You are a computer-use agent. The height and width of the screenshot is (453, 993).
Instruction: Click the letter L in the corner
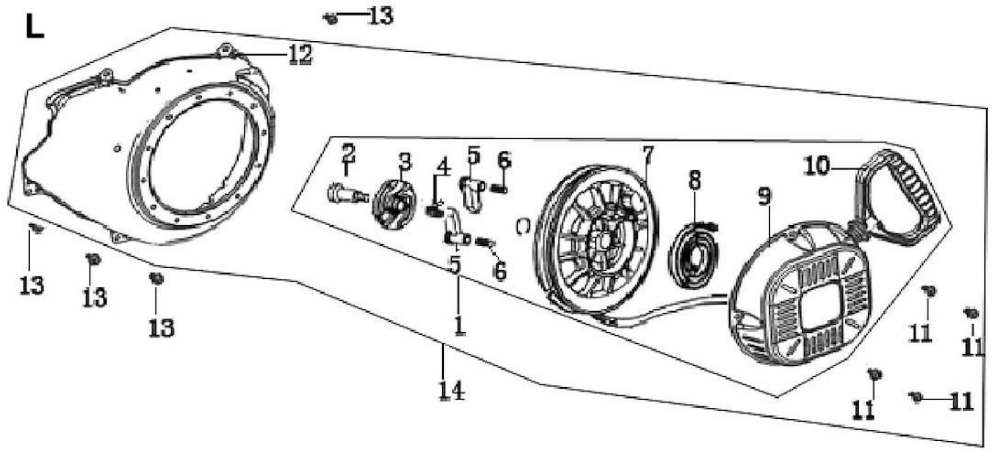click(x=35, y=27)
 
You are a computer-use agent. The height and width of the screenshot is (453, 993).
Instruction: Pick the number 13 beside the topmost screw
click(x=380, y=16)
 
